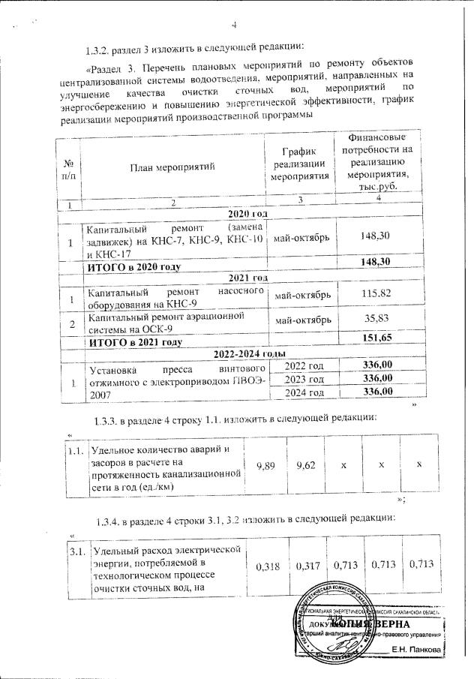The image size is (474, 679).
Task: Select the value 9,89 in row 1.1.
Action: tap(265, 466)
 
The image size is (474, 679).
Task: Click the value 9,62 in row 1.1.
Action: tap(305, 466)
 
